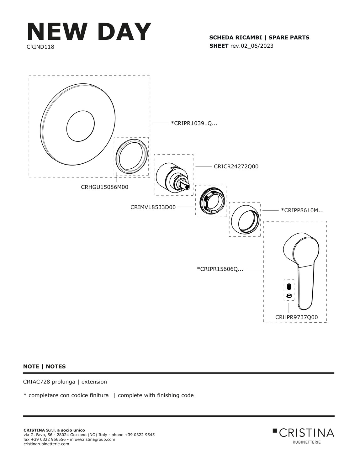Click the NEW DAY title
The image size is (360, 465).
(x=89, y=32)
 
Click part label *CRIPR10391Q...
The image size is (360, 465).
(x=194, y=124)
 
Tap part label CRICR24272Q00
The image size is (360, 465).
(x=236, y=166)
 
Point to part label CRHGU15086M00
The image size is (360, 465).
(x=104, y=187)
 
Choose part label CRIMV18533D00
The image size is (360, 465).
(x=153, y=207)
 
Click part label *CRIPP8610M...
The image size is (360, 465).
(x=302, y=210)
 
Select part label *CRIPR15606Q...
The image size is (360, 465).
(x=220, y=269)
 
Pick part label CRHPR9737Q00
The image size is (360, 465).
(x=296, y=317)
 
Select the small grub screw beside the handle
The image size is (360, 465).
(x=289, y=287)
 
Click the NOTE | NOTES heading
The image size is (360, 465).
(x=45, y=367)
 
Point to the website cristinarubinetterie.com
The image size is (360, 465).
(x=46, y=444)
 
